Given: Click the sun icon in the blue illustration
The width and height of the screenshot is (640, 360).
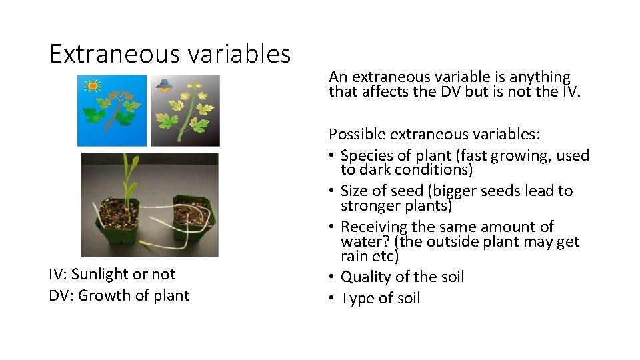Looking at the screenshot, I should (91, 85).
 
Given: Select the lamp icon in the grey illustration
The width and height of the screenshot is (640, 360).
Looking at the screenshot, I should (163, 85).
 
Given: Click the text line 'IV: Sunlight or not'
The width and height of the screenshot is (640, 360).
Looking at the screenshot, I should (112, 274).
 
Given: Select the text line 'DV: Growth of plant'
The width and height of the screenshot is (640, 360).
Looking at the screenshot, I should (119, 295).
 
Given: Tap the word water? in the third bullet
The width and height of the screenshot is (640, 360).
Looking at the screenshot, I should (364, 241).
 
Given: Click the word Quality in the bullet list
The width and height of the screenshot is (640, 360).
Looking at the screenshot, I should (365, 277).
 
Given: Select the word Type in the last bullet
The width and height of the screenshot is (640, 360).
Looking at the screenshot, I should (356, 298).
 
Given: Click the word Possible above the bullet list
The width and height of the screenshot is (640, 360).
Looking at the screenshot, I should (357, 134).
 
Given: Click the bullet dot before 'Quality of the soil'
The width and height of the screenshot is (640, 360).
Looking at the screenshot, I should (332, 277).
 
